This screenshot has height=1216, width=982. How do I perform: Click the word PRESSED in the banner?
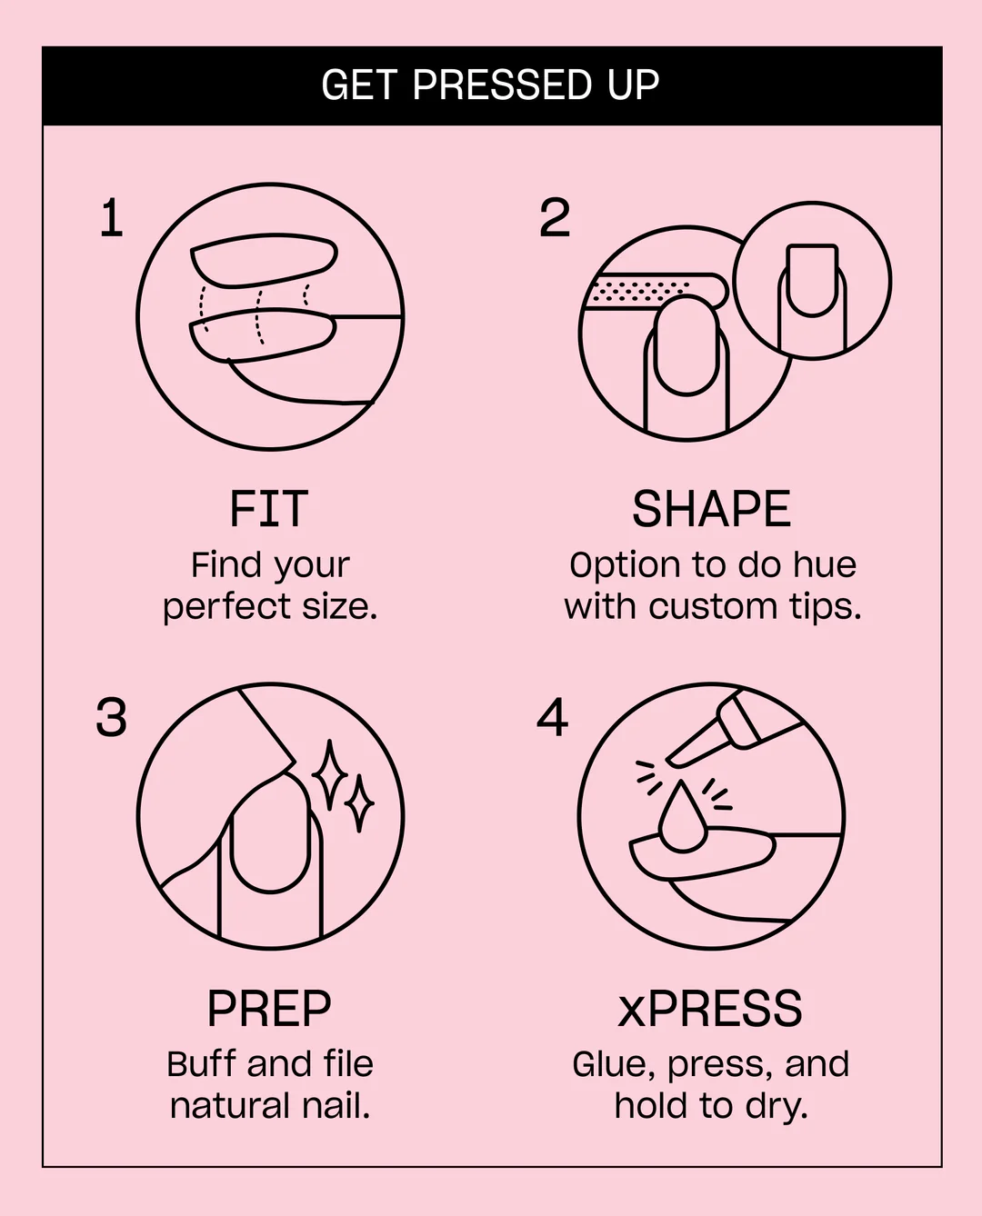click(503, 85)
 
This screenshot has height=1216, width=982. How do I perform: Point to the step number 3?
click(111, 717)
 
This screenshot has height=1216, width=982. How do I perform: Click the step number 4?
click(553, 717)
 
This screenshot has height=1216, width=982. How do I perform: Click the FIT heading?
click(269, 509)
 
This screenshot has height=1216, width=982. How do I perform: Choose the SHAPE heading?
click(712, 509)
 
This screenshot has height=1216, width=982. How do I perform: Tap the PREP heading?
click(269, 1009)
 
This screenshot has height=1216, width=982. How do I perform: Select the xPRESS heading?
click(710, 1009)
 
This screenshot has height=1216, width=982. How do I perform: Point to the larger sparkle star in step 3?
click(329, 774)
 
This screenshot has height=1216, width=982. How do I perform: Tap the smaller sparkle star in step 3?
click(359, 803)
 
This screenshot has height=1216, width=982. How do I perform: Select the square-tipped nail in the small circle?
click(812, 280)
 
